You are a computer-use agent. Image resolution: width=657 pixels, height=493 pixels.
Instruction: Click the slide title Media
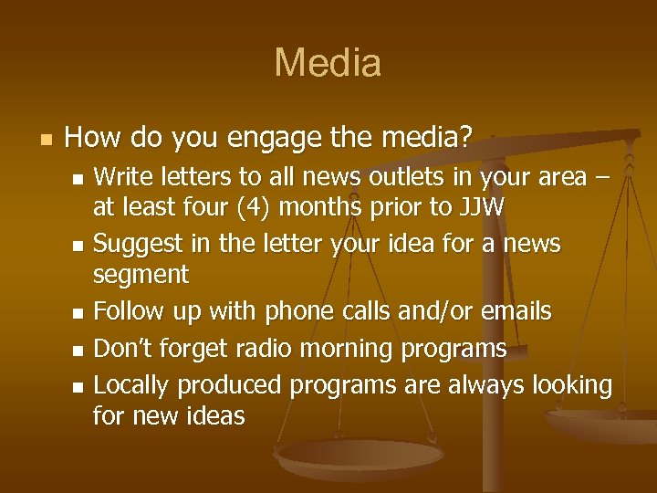(x=328, y=63)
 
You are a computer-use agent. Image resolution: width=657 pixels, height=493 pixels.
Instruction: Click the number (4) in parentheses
(x=251, y=207)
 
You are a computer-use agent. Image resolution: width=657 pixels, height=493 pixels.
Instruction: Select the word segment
(x=141, y=275)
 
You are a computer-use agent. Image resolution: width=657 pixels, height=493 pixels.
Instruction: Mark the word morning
(x=360, y=348)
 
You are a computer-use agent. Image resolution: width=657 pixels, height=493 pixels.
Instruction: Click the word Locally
(x=131, y=385)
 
